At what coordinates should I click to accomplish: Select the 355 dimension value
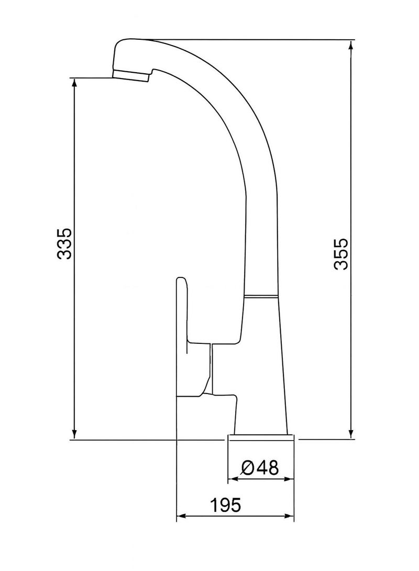tap(341, 254)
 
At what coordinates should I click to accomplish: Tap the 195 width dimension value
tap(225, 505)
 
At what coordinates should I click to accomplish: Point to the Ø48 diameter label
tap(260, 466)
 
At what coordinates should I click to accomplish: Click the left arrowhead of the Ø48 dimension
tap(231, 478)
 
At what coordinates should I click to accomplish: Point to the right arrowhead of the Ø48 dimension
tap(290, 478)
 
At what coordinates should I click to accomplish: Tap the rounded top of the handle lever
tap(181, 282)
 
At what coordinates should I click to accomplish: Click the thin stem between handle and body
tap(211, 366)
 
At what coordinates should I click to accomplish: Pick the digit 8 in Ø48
tap(271, 466)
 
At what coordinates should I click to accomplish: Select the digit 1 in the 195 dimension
tap(214, 505)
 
